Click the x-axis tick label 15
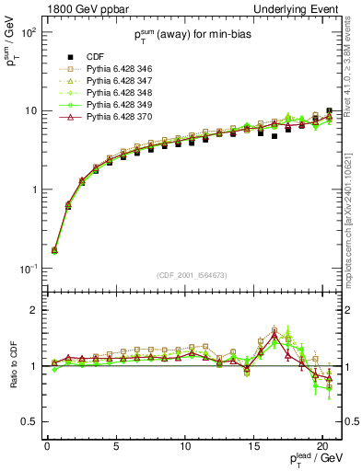[253, 443]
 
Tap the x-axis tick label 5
[116, 443]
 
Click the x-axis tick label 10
[184, 443]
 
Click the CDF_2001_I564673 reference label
[190, 275]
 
